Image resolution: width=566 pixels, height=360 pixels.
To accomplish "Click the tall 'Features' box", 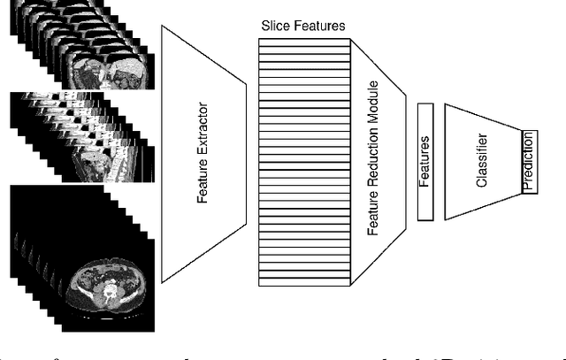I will click(x=424, y=161).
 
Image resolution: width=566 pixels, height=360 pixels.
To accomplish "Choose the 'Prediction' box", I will click(x=529, y=163).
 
